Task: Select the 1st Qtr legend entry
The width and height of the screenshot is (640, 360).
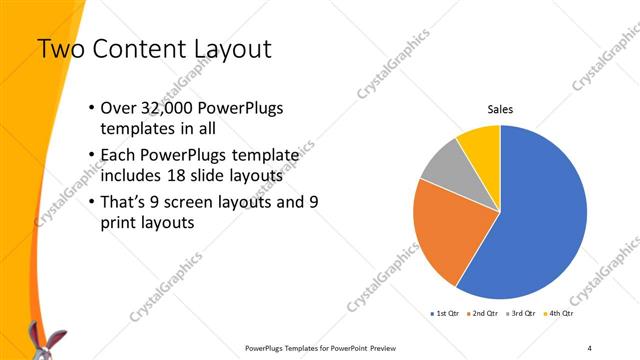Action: coord(446,313)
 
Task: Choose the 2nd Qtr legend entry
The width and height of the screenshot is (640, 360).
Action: coord(484,313)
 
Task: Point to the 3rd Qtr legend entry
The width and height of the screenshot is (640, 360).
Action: coord(521,313)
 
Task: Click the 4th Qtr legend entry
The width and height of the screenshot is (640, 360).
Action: coord(559,313)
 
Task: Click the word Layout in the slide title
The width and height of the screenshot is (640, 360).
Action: coord(225,47)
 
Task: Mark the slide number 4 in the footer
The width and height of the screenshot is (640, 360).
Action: coord(590,348)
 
